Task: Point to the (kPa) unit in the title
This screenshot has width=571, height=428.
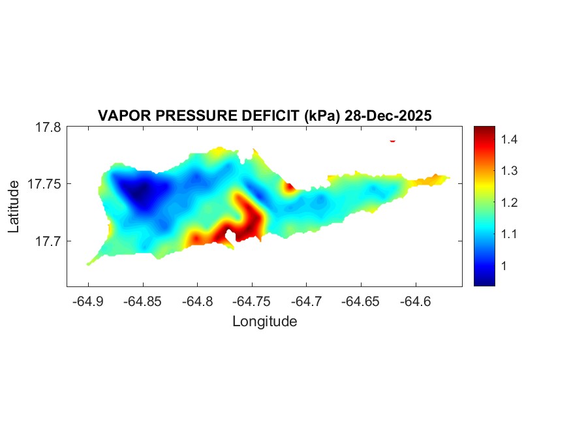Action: [319, 116]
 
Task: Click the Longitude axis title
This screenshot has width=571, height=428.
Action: [264, 322]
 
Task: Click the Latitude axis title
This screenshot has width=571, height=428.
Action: [14, 206]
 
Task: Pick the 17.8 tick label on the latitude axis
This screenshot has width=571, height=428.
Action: [48, 128]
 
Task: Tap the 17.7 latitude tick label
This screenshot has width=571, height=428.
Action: [48, 241]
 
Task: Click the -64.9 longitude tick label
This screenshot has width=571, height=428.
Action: [89, 301]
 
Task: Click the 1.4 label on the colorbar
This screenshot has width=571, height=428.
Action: [510, 139]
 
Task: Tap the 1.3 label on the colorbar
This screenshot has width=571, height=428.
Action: [510, 171]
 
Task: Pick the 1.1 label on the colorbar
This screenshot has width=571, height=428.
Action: [510, 234]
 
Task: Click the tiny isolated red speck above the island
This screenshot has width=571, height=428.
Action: [393, 140]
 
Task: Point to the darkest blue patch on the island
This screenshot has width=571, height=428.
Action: [139, 194]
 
